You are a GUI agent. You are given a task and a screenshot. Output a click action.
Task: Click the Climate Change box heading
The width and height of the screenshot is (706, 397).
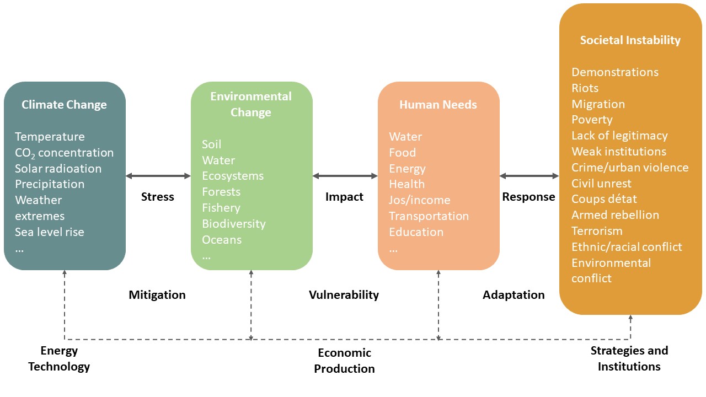(x=64, y=105)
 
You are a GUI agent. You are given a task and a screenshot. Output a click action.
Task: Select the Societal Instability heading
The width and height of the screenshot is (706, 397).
(x=630, y=40)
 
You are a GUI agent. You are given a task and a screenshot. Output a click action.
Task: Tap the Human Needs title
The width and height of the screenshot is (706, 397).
(x=438, y=105)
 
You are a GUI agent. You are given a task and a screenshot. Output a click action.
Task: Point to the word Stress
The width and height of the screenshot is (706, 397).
(x=157, y=197)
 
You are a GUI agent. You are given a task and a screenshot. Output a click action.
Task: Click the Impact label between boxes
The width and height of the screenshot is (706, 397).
(x=344, y=197)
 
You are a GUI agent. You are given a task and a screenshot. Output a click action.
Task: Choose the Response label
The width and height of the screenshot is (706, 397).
(x=528, y=197)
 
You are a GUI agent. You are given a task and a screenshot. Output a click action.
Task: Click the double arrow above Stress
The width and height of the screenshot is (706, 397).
(x=158, y=176)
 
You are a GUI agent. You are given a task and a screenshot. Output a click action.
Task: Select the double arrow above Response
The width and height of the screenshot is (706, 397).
(x=529, y=176)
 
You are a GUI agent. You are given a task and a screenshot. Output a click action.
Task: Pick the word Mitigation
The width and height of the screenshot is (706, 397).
(x=157, y=295)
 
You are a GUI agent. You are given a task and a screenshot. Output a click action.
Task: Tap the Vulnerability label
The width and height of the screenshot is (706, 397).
(x=344, y=295)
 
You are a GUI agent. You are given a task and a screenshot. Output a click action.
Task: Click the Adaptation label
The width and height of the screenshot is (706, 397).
(x=514, y=295)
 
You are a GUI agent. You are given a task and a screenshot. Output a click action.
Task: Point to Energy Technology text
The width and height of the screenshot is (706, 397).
(x=59, y=358)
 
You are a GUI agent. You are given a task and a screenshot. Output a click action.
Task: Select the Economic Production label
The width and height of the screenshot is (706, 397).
(x=344, y=361)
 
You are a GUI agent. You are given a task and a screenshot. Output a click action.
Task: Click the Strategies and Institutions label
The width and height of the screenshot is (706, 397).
(x=629, y=358)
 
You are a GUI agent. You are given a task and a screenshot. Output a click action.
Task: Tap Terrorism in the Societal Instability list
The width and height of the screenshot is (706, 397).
(x=597, y=231)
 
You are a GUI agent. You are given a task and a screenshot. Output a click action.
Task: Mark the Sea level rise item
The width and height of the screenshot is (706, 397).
(x=50, y=232)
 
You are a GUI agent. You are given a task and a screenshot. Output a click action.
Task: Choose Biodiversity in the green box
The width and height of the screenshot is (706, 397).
(x=234, y=224)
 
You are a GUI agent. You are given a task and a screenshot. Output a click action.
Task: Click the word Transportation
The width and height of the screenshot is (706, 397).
(x=429, y=216)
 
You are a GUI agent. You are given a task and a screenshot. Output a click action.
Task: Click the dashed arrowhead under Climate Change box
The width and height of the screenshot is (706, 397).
(x=65, y=273)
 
